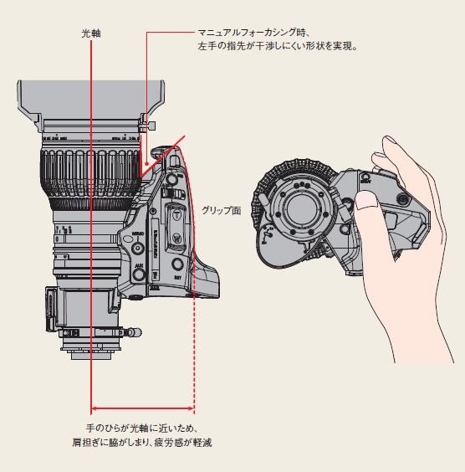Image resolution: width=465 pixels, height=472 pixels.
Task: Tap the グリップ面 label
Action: [221, 211]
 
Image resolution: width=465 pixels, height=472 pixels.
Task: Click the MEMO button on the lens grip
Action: [138, 248]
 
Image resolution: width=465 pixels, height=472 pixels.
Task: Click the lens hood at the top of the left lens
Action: [88, 100]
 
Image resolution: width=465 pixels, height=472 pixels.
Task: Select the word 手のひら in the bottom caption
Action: [105, 428]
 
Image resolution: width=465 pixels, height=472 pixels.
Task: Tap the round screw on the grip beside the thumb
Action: [402, 200]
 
